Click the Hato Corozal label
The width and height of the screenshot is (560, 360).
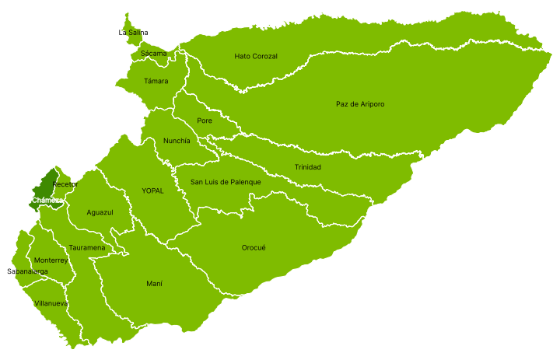click(256, 56)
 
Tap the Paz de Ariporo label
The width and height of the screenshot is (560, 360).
click(360, 104)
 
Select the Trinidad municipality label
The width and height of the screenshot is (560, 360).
click(307, 167)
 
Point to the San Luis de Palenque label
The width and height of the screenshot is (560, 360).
click(226, 182)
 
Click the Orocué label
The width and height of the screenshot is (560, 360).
click(254, 247)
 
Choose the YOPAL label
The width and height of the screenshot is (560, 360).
click(152, 190)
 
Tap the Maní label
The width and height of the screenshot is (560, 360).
click(155, 284)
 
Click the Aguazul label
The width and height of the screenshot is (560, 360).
click(100, 212)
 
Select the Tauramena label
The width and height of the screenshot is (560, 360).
click(87, 247)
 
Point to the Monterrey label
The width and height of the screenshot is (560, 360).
click(51, 260)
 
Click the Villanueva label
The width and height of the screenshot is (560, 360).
click(51, 303)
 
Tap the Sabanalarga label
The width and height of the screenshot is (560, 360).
click(27, 271)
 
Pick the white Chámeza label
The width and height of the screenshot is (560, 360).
click(47, 200)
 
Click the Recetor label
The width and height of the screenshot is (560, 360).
click(65, 184)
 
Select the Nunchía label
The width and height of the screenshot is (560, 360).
click(177, 141)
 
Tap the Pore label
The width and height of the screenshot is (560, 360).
click(205, 121)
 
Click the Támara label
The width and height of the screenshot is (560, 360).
click(156, 81)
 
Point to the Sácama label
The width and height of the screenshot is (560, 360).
click(154, 54)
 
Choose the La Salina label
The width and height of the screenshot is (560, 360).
click(133, 33)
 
